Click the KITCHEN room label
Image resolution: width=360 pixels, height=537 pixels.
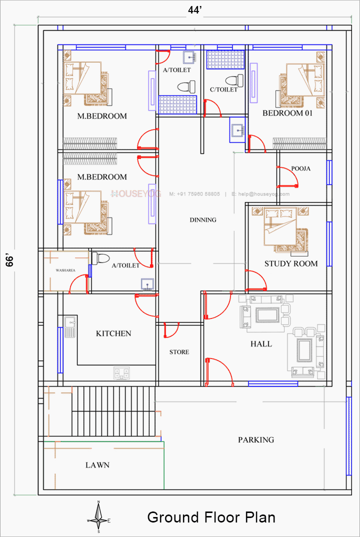(113, 333)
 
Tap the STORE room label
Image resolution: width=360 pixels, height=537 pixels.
(179, 352)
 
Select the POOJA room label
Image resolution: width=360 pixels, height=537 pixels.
(300, 168)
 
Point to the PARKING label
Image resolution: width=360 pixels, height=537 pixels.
(255, 440)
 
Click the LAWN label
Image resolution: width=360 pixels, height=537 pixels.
(97, 465)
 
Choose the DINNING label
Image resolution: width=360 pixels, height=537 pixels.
(203, 219)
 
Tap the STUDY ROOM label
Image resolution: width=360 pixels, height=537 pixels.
(291, 263)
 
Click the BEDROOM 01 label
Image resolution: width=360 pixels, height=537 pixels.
(287, 113)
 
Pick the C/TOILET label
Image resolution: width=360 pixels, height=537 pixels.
(223, 90)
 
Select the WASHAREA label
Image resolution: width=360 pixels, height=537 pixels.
(64, 270)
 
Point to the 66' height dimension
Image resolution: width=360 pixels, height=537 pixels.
(9, 260)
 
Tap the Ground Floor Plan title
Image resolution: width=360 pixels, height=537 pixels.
(211, 517)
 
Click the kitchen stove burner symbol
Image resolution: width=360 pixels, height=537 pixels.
(121, 372)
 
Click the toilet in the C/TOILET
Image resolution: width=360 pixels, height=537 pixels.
(232, 80)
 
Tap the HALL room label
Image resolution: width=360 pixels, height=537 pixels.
(261, 344)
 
